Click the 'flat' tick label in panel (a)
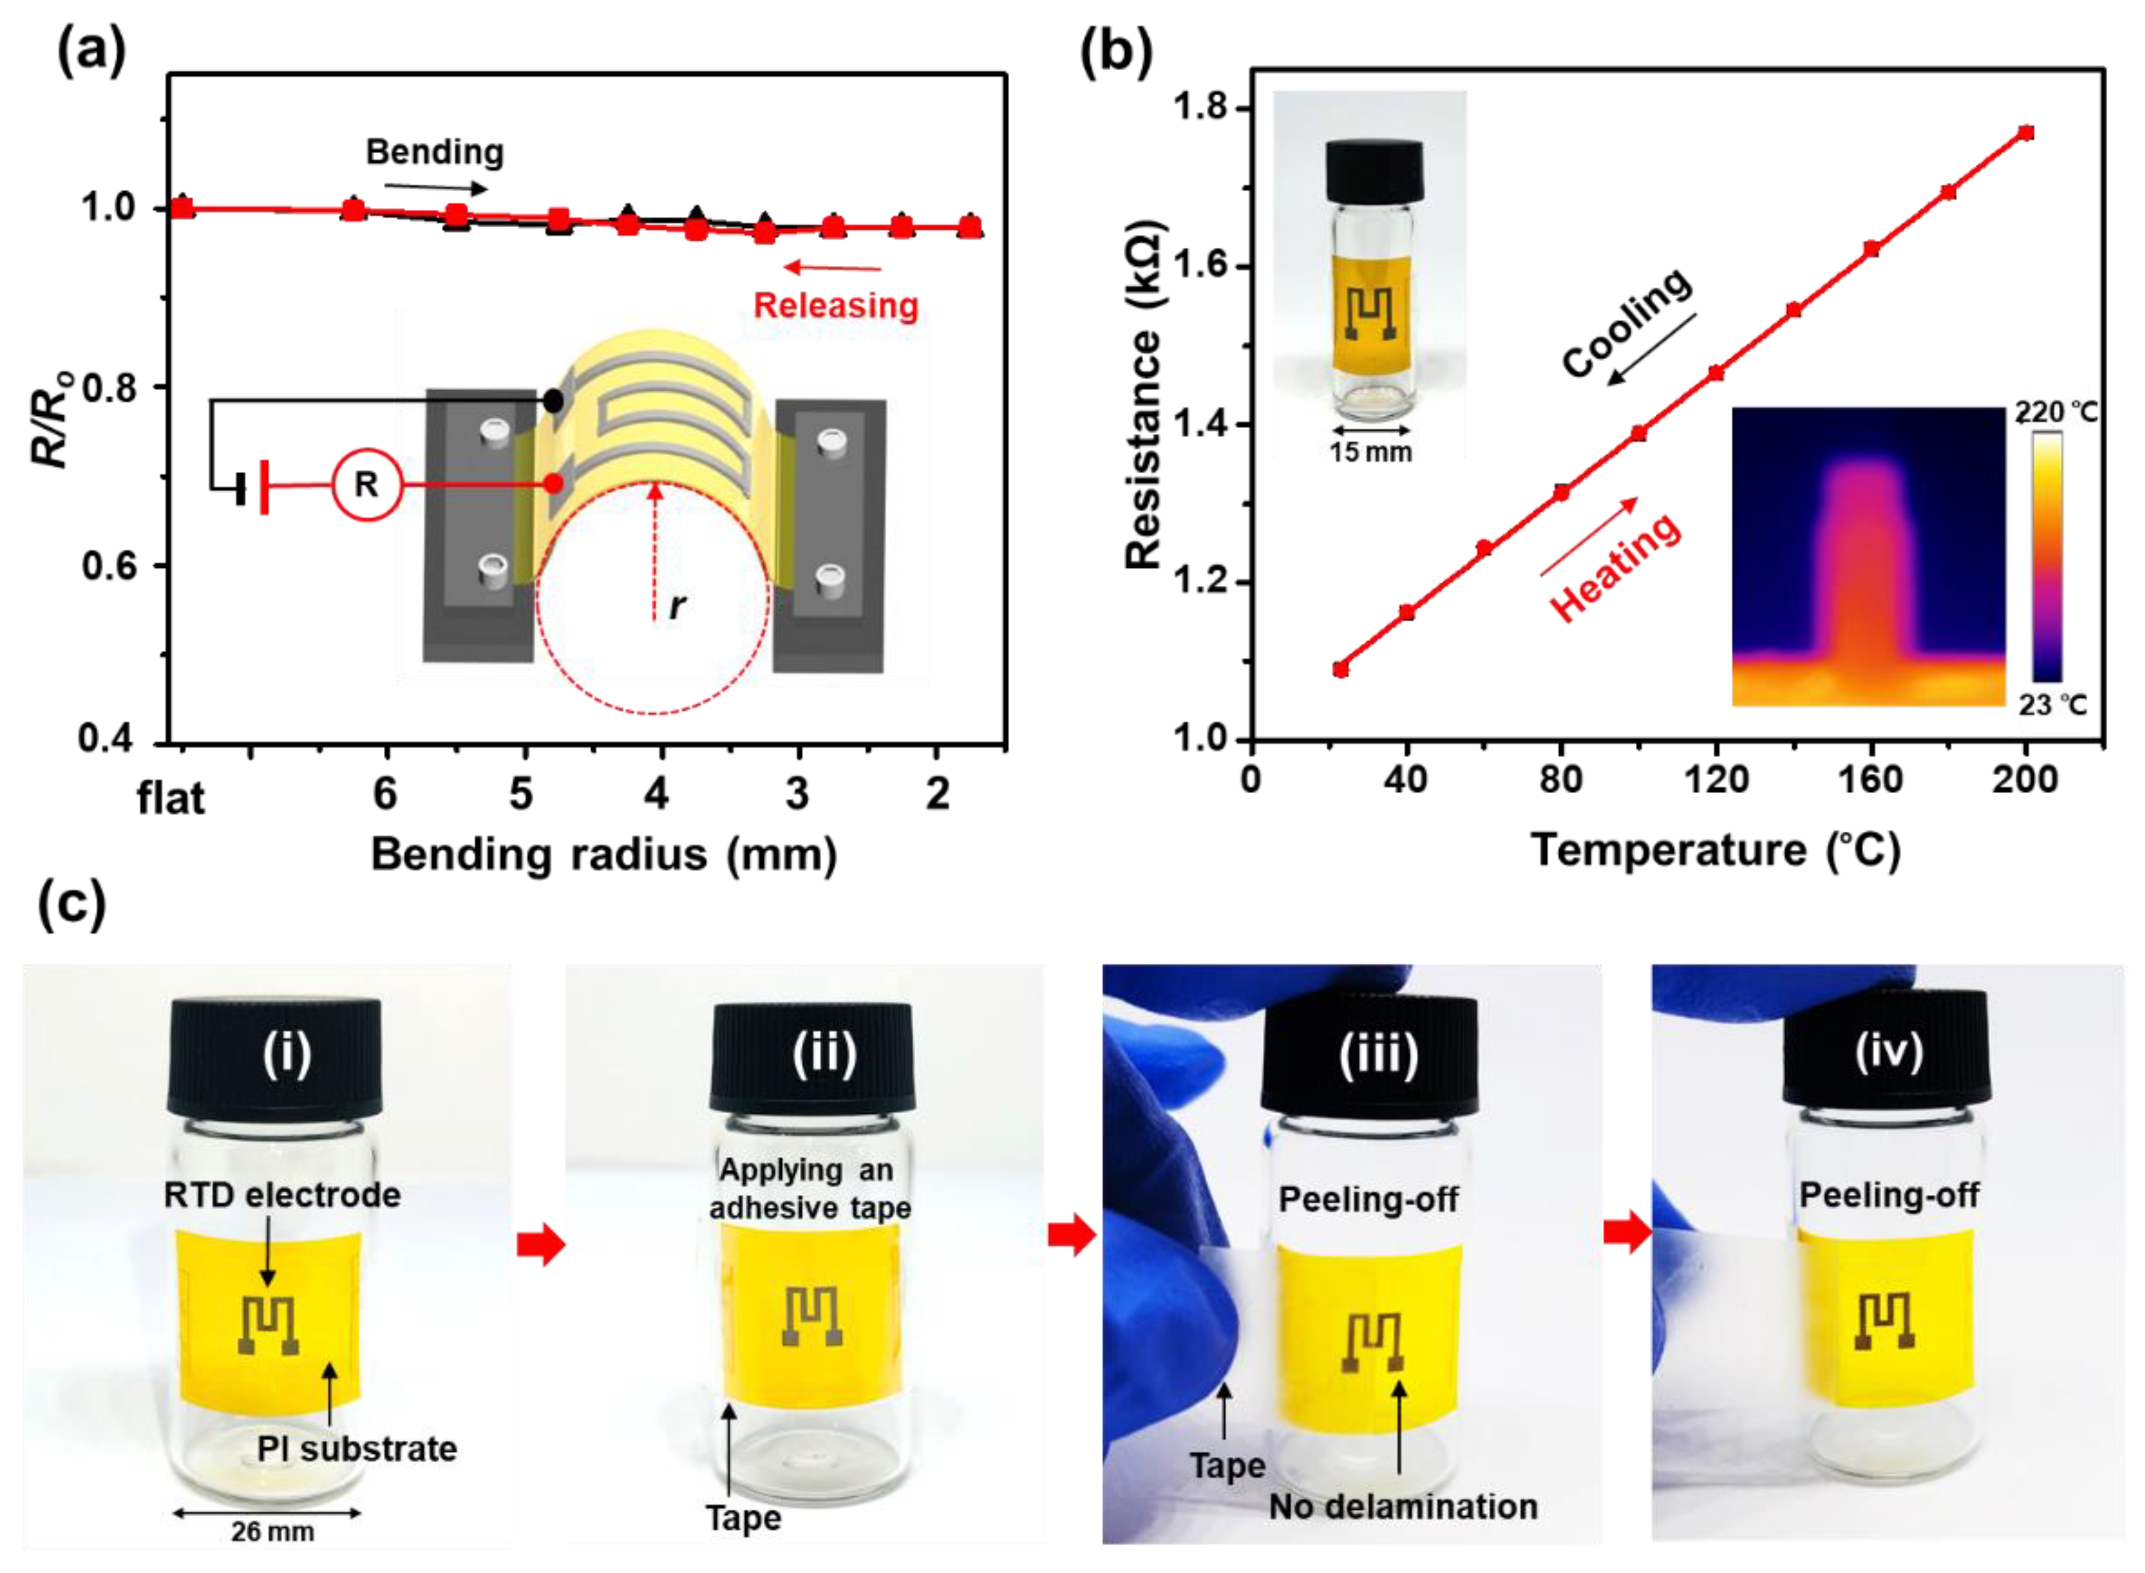click(x=171, y=798)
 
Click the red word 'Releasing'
click(x=836, y=306)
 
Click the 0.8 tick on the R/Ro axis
click(x=113, y=387)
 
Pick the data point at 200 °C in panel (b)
click(x=2026, y=133)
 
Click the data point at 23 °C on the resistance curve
click(x=1340, y=669)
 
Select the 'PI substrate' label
click(x=357, y=1449)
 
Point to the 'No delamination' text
click(x=1403, y=1506)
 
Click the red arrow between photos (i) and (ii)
click(x=541, y=1244)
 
